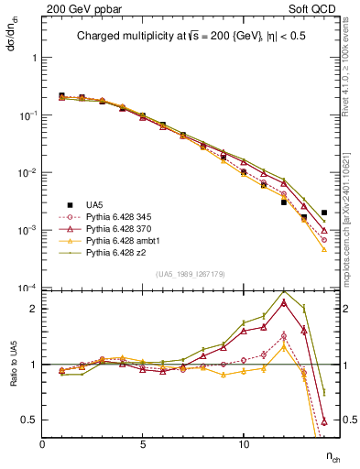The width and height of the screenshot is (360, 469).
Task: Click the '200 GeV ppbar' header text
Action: click(75, 8)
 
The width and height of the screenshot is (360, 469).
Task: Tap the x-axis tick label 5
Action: click(143, 442)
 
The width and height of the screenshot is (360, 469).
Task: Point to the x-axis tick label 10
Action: click(244, 442)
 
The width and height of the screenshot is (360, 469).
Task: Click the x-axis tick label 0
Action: click(42, 442)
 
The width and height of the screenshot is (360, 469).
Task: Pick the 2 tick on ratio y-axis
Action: click(35, 309)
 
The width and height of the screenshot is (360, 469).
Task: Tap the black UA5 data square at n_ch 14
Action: click(323, 213)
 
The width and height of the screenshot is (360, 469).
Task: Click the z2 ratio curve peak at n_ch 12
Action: click(284, 291)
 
